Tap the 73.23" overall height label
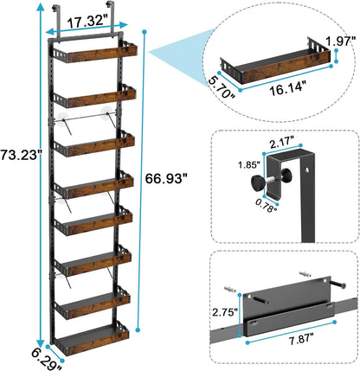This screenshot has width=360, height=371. [19, 181]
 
